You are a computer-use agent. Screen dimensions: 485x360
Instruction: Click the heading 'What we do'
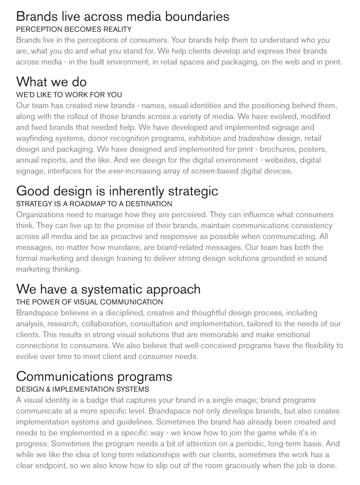(51, 82)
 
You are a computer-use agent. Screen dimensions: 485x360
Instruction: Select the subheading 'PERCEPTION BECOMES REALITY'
(74, 29)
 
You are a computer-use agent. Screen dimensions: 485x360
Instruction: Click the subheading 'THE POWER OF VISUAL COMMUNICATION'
(89, 302)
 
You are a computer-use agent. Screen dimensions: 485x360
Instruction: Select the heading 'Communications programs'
(94, 376)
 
